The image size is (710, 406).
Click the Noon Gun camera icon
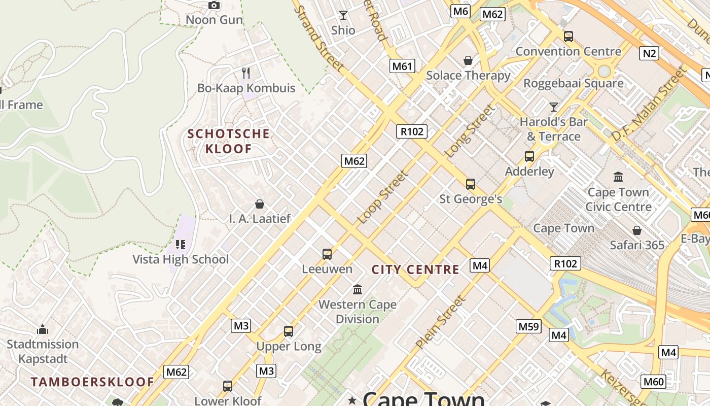pyautogui.click(x=214, y=6)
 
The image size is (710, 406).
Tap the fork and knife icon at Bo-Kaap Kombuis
pyautogui.click(x=246, y=73)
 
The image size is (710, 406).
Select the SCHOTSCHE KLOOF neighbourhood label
pyautogui.click(x=228, y=141)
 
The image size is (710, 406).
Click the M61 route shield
pyautogui.click(x=403, y=65)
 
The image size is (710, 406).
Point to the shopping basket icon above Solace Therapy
pyautogui.click(x=468, y=60)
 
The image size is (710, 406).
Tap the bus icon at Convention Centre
pyautogui.click(x=569, y=36)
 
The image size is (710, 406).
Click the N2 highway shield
pyautogui.click(x=649, y=53)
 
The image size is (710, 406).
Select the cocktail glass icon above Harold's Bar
pyautogui.click(x=554, y=107)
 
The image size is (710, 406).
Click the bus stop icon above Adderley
pyautogui.click(x=529, y=156)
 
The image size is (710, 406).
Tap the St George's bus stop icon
pyautogui.click(x=471, y=184)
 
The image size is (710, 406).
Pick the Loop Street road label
pyautogui.click(x=383, y=198)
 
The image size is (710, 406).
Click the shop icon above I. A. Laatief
pyautogui.click(x=260, y=204)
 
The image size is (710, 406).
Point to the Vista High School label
pyautogui.click(x=181, y=259)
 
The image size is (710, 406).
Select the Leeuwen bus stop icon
pyautogui.click(x=327, y=254)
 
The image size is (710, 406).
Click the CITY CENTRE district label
pyautogui.click(x=415, y=269)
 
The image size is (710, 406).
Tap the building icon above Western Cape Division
pyautogui.click(x=358, y=289)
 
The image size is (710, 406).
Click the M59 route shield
pyautogui.click(x=528, y=326)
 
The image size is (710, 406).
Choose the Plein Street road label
pyautogui.click(x=440, y=322)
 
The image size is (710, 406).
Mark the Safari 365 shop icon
pyautogui.click(x=637, y=230)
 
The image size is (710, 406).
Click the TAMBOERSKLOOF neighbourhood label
pyautogui.click(x=92, y=382)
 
